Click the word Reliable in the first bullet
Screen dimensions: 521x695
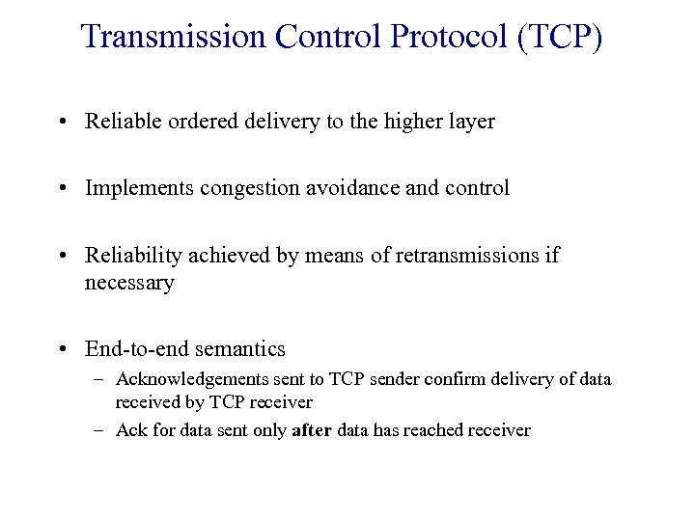click(x=121, y=122)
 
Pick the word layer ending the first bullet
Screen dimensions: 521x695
click(x=470, y=122)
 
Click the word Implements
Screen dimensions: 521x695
click(x=139, y=189)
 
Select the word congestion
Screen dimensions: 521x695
click(x=245, y=189)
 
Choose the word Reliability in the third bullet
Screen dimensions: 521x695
click(x=129, y=257)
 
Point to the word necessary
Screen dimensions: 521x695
click(x=129, y=284)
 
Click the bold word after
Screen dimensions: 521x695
click(x=311, y=430)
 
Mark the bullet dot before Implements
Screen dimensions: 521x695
click(x=62, y=189)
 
